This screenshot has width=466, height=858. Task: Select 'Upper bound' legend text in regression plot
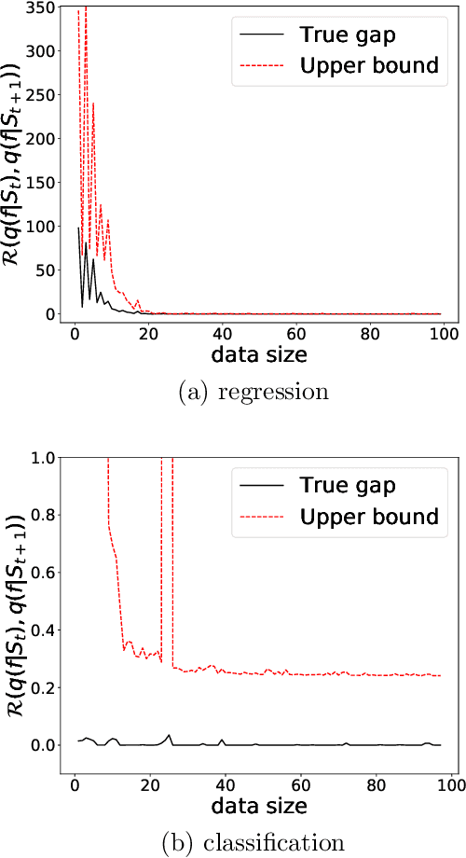368,65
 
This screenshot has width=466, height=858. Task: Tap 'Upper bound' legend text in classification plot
368,516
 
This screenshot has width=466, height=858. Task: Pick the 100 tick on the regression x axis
442,333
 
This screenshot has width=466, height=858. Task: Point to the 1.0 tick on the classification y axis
43,457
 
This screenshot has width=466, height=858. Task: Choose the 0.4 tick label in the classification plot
43,630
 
